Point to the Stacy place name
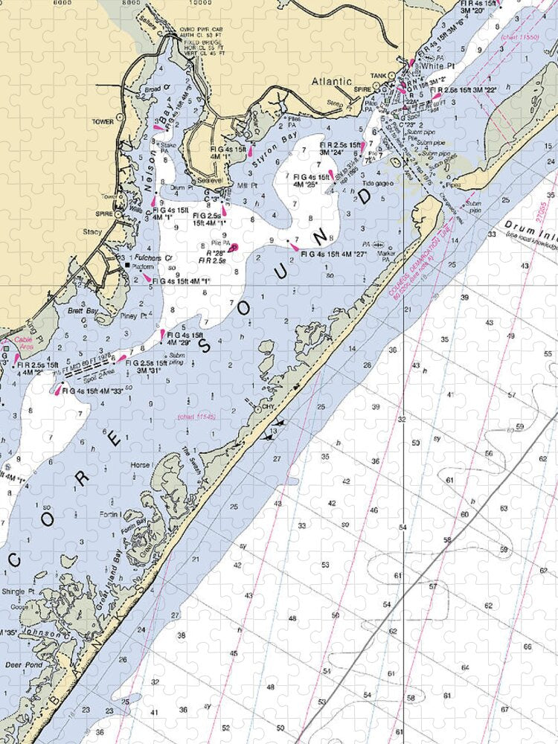pos(92,233)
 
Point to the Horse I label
pos(139,466)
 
